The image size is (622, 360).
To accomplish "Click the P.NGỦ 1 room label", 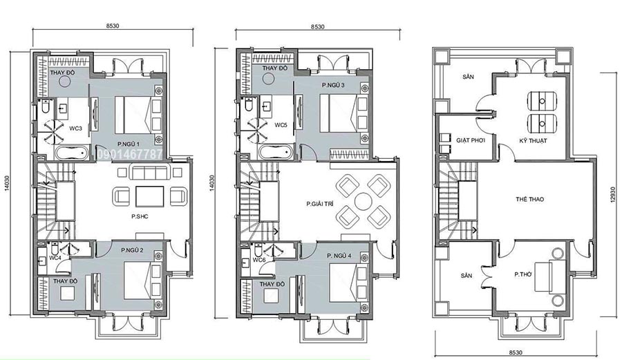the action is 128,144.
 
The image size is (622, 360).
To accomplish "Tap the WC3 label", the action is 76,129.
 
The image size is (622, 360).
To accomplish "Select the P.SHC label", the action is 140,216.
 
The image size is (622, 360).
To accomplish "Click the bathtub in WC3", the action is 72,153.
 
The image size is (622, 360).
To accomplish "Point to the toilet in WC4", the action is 55,248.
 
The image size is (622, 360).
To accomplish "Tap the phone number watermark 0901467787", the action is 129,154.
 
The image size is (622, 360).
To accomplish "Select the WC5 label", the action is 281,125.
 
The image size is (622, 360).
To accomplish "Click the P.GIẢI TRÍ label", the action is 320,205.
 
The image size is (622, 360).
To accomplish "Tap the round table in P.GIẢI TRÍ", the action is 363,201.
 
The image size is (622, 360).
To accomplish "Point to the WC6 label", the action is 258,260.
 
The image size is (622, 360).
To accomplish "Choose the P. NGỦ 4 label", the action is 339,256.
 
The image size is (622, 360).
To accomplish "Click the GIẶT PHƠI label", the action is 471,140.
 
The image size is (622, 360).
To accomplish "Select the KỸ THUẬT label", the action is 533,141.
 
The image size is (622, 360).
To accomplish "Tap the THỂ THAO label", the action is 530,200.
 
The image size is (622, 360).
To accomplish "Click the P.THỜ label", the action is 523,274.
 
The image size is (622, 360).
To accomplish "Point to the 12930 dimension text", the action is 614,196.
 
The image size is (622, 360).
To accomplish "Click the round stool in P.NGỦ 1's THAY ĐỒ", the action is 64,82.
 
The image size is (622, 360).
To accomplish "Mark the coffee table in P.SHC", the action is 150,196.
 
